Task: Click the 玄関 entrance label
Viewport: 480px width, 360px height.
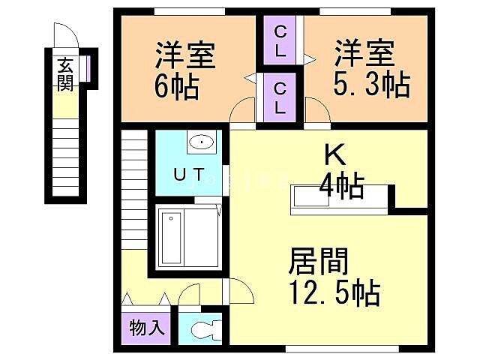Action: [x=64, y=73]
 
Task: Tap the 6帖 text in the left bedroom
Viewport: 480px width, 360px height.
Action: [x=177, y=87]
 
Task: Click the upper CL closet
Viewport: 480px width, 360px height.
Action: [x=280, y=41]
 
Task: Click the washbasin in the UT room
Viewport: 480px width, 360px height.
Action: [x=200, y=142]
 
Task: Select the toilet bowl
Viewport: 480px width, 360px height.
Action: [x=205, y=328]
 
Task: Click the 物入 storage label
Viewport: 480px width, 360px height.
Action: [x=140, y=328]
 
